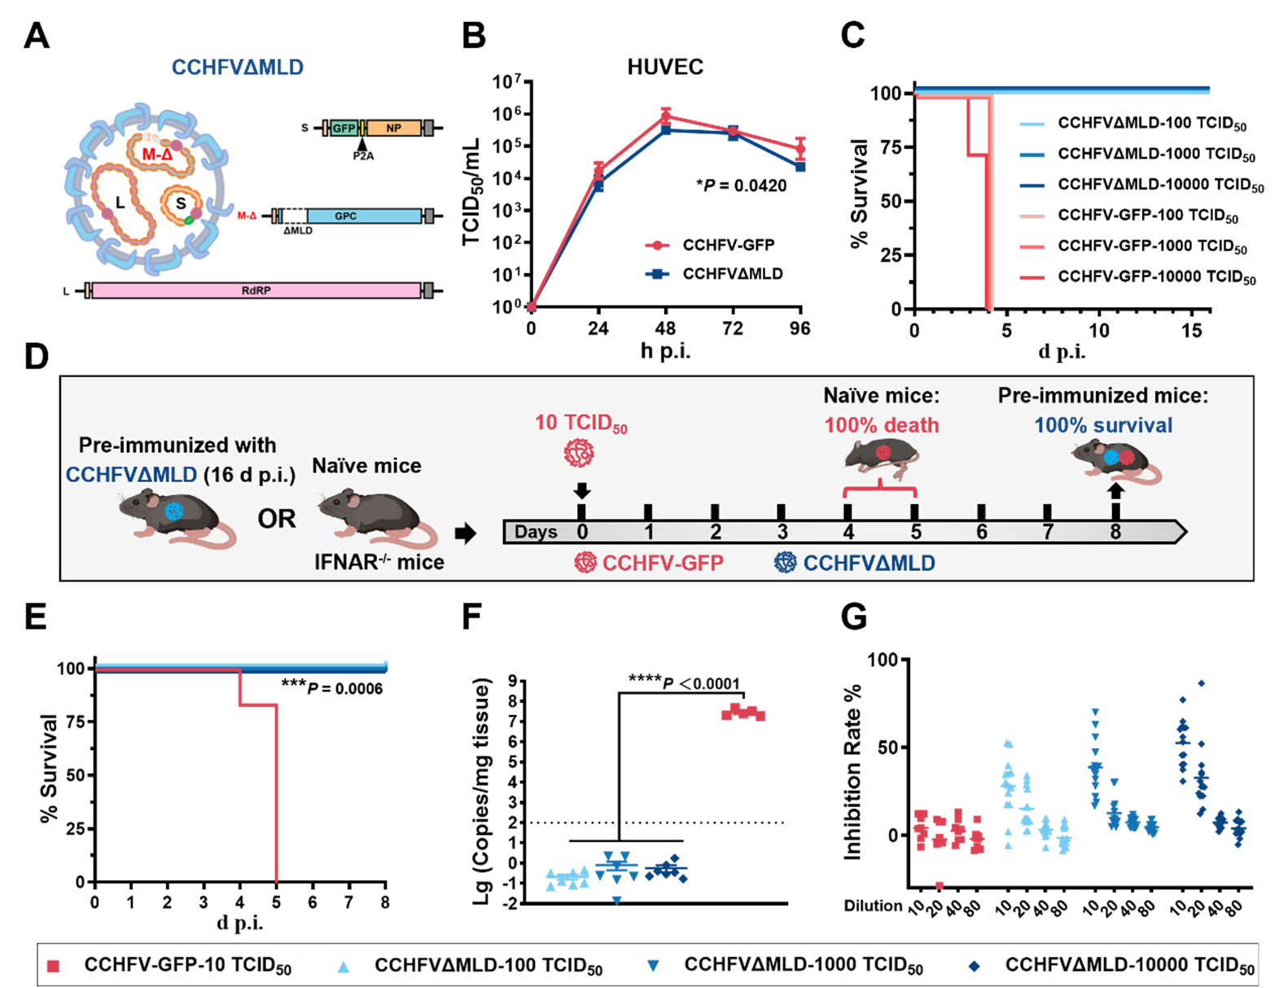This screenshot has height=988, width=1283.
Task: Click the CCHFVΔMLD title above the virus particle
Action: tap(237, 68)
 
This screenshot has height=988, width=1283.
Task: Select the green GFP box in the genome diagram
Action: tap(344, 128)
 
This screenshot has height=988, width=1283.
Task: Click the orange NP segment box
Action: tap(393, 128)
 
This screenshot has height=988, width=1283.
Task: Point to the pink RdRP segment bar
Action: tap(256, 290)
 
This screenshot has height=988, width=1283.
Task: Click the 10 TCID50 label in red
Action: tap(580, 423)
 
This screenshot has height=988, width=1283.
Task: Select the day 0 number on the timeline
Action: tap(582, 532)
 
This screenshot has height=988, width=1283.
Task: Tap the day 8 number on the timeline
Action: tap(1115, 532)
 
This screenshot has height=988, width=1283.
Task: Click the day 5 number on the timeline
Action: tap(916, 532)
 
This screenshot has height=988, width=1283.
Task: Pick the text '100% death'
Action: tap(882, 425)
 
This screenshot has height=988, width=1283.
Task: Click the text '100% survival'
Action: tap(1103, 425)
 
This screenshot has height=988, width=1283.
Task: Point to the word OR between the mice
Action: tap(277, 519)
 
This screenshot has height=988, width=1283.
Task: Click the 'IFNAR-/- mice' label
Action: tap(379, 562)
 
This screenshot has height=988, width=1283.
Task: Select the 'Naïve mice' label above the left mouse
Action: tap(366, 466)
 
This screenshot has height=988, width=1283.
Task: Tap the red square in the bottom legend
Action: tap(54, 966)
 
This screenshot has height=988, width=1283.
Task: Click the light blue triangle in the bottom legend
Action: tap(344, 967)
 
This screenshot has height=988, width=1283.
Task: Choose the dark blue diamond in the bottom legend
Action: tap(974, 967)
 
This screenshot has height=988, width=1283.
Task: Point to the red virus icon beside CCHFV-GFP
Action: tap(585, 562)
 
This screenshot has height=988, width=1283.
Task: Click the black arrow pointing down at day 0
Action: tap(582, 490)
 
